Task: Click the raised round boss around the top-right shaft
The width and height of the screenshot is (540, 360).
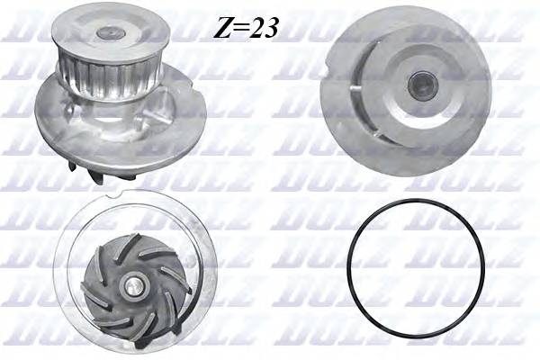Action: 421,85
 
